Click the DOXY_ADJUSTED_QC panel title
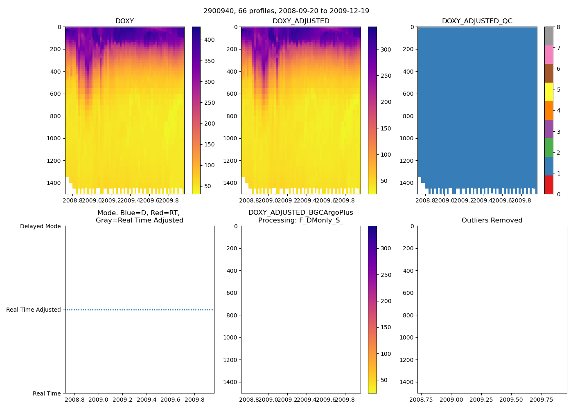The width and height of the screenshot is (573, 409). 477,21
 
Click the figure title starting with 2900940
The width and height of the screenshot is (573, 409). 286,11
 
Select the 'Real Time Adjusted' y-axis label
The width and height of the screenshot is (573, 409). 33,310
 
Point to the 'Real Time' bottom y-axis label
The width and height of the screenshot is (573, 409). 47,393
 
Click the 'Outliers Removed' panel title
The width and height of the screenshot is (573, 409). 492,220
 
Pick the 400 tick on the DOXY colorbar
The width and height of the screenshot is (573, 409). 209,40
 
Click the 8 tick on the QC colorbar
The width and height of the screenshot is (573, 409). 558,27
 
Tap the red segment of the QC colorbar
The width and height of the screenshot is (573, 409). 548,184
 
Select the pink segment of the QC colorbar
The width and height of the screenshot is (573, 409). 548,55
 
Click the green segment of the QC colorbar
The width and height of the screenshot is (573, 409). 548,148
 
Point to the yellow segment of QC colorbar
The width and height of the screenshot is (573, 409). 548,92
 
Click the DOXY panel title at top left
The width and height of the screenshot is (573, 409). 124,21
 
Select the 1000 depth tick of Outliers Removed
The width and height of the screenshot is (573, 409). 407,337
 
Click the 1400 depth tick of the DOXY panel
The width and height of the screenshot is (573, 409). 54,183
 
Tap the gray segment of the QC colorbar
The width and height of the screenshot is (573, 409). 548,36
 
